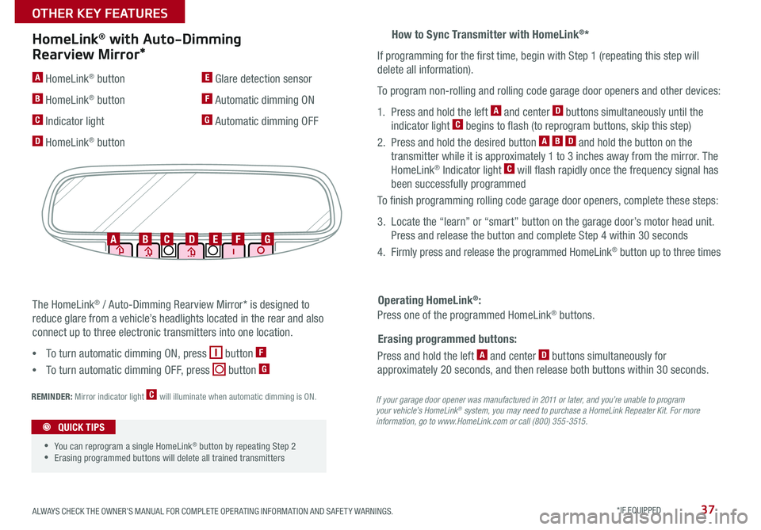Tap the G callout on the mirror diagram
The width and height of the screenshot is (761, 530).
point(268,238)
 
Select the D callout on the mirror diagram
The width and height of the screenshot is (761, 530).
point(192,238)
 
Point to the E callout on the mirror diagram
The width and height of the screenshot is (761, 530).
point(215,238)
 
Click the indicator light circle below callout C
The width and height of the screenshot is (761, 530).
point(168,250)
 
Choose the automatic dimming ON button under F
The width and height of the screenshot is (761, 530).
point(235,250)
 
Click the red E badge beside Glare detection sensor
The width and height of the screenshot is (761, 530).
point(207,78)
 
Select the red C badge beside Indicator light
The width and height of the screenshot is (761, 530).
point(36,120)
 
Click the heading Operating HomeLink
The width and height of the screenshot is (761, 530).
point(430,300)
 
